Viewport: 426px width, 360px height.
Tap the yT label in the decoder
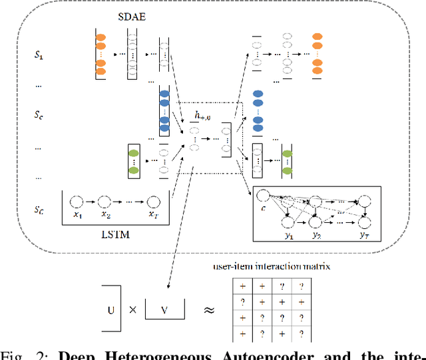(363, 236)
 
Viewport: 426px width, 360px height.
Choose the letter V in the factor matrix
(163, 309)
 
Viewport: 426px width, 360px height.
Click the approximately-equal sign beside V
(208, 309)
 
